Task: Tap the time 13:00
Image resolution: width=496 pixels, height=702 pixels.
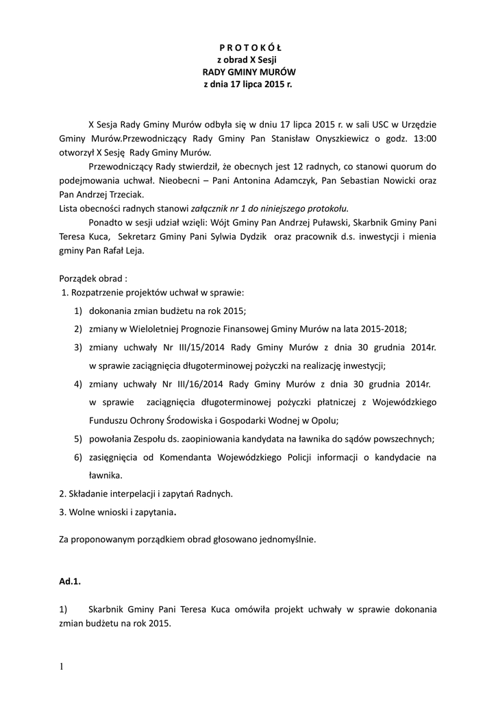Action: click(422, 138)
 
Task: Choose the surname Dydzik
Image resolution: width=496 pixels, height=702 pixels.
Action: click(241, 237)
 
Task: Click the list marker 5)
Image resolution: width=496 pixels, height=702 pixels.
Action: click(79, 439)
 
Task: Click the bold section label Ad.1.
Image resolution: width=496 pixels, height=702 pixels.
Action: click(70, 581)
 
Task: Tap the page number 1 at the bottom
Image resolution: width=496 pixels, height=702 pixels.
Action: click(61, 666)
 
